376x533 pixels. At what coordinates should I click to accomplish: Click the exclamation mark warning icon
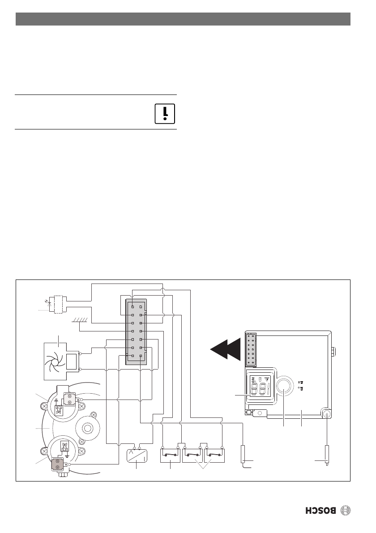165,113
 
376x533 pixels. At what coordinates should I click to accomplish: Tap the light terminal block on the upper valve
70,399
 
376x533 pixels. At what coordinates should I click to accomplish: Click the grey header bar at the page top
183,19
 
